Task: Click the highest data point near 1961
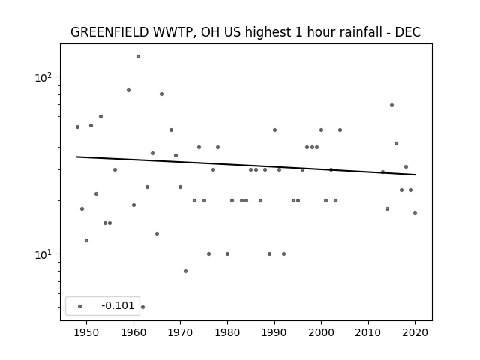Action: pos(138,57)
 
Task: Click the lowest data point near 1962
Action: pos(142,307)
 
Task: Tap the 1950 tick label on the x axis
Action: pos(87,332)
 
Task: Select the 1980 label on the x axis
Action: pos(227,332)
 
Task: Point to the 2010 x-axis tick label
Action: pos(368,332)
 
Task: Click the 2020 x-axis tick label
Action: pos(415,332)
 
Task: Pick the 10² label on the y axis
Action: pos(44,77)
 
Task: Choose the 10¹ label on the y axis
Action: pos(44,254)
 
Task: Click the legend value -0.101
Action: pos(118,305)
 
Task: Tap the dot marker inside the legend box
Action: pos(80,306)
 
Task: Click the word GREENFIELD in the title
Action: pos(110,32)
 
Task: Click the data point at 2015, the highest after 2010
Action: pos(391,105)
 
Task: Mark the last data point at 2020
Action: pos(415,213)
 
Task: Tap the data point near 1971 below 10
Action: pos(185,271)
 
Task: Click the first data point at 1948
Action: pos(77,127)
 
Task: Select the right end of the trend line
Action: pos(415,175)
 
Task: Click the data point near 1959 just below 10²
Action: pos(128,90)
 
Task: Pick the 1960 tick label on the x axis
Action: pos(133,332)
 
